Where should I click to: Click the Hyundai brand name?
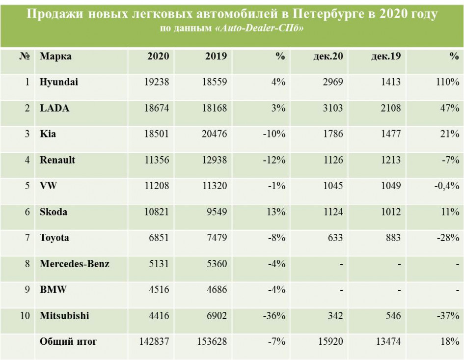click(x=59, y=82)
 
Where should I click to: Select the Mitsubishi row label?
click(x=64, y=316)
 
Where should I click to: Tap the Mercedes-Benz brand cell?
click(x=75, y=264)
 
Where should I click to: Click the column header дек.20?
click(x=328, y=56)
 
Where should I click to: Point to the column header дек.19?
click(x=385, y=56)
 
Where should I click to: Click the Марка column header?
click(x=55, y=56)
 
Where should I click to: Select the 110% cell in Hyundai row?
click(x=447, y=82)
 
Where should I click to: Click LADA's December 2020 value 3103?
click(x=331, y=108)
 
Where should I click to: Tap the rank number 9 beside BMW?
click(x=27, y=290)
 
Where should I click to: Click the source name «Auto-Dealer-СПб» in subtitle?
click(x=259, y=28)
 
